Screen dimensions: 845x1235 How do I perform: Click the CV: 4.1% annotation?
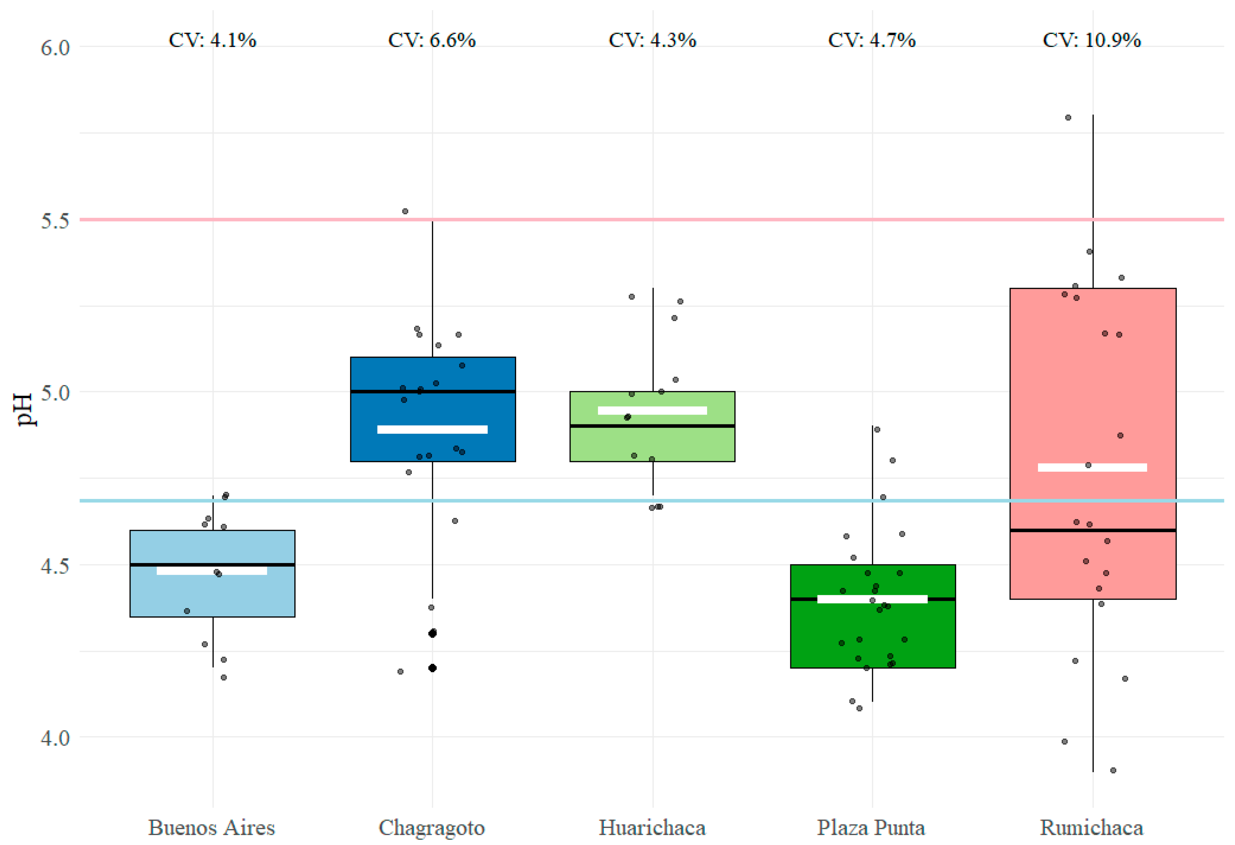point(212,40)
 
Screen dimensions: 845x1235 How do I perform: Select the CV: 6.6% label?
point(432,40)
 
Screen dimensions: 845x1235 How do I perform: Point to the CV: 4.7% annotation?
point(872,40)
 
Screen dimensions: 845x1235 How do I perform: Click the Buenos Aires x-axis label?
point(211,828)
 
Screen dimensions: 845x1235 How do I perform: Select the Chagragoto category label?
point(432,828)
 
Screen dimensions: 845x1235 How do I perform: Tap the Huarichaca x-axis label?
point(652,828)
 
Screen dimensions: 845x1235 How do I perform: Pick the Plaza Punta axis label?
point(871,828)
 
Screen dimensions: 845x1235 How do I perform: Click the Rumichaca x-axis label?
point(1091,828)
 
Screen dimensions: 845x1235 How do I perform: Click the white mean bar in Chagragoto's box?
point(432,429)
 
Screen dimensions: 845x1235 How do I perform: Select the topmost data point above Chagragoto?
point(405,211)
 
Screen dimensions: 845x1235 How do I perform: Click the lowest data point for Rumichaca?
point(1113,770)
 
